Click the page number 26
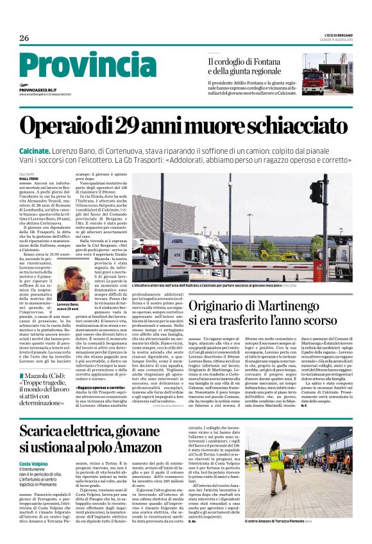(x=24, y=38)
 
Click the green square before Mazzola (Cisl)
(x=21, y=356)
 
